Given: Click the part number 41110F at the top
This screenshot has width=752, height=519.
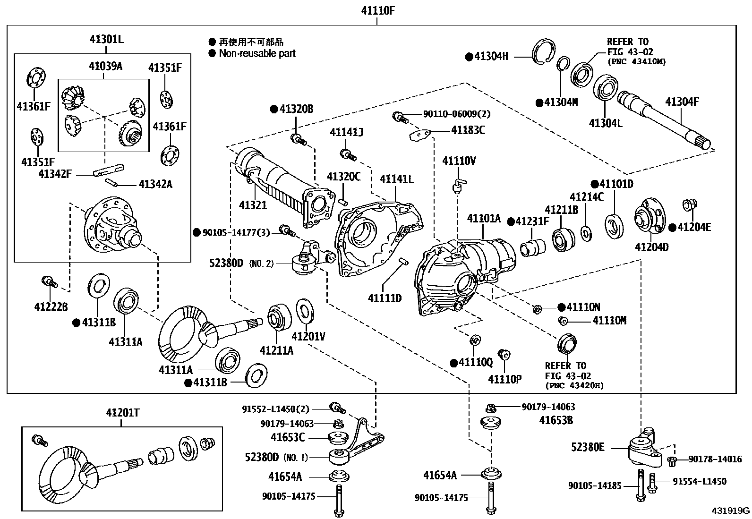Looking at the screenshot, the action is pos(377,10).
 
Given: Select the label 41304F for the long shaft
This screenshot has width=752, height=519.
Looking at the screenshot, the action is pos(681,102).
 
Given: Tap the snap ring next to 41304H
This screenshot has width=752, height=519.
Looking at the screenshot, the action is pos(544,52).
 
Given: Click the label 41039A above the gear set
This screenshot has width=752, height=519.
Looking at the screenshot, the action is pos(105,66).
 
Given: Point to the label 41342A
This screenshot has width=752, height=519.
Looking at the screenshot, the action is pos(155,184).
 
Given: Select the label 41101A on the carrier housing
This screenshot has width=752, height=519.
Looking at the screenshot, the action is pos(484,218).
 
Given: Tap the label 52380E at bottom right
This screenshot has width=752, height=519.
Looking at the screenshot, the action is pos(588,447).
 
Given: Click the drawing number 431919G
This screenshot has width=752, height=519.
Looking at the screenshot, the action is pos(731,510).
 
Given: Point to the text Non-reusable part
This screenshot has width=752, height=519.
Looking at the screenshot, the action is pos(257,53).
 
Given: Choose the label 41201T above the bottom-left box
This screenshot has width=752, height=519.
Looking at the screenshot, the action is pos(122,413).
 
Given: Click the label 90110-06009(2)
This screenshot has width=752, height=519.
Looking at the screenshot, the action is pos(450,114).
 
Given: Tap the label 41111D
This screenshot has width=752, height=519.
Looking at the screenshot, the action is pos(385,298).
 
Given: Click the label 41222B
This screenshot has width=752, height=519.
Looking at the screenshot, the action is pos(51,307).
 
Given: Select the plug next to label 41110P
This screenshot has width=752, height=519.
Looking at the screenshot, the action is pos(504,354).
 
